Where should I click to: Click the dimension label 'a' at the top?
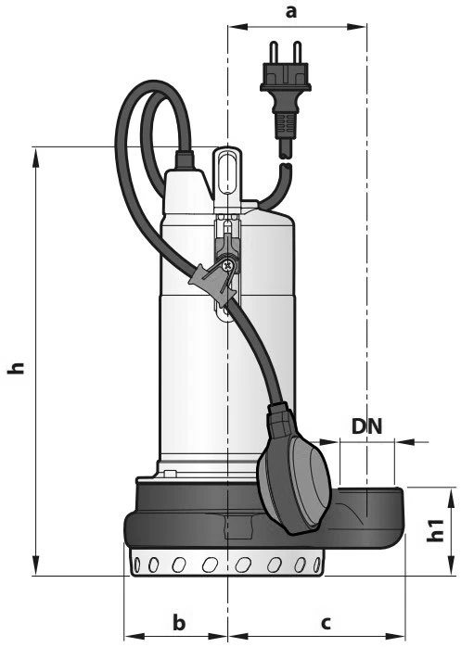291,11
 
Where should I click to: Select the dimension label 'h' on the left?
17,368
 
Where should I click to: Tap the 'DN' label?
367,426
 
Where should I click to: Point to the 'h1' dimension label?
436,530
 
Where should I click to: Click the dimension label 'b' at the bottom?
179,622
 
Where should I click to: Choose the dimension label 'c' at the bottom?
326,623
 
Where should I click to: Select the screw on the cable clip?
226,265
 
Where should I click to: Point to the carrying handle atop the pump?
226,172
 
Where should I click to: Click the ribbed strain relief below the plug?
285,125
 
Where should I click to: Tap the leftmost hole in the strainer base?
136,564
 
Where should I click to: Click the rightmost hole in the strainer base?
317,565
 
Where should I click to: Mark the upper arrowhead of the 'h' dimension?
36,158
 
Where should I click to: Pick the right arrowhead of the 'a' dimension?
355,27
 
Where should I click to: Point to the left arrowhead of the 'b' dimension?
135,637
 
